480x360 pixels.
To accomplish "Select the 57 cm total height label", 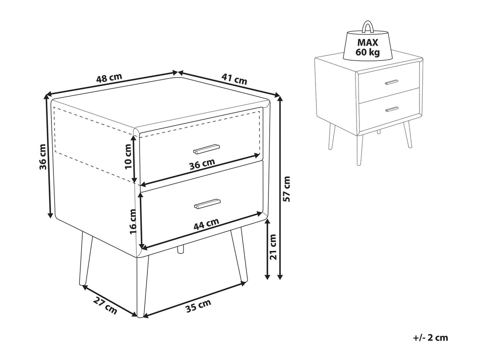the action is [x=286, y=189].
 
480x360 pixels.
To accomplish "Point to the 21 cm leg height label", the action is [x=273, y=247].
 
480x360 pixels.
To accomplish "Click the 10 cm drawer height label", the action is [x=128, y=156].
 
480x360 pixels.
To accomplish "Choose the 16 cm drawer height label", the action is [x=133, y=221].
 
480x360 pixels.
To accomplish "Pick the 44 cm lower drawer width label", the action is [x=206, y=224].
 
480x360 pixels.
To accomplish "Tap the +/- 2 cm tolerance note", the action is [x=430, y=338].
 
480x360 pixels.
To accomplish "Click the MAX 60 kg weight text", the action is [x=368, y=47].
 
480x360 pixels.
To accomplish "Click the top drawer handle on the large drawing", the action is [x=206, y=149].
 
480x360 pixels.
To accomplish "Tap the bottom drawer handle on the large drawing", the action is [x=207, y=204].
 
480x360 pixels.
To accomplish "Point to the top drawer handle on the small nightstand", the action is [x=391, y=82].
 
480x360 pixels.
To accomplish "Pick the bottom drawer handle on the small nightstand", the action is [x=392, y=109].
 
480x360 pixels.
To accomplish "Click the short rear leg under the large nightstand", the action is [x=181, y=249].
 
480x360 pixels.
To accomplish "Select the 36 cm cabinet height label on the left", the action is [x=43, y=157].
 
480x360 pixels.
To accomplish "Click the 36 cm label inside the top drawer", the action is [x=202, y=164].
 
